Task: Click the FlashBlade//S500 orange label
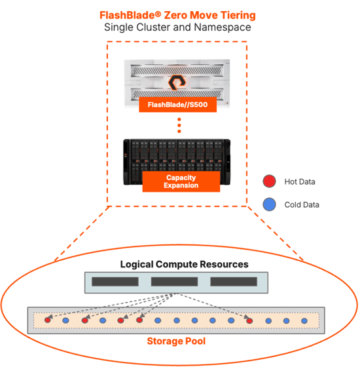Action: pyautogui.click(x=177, y=104)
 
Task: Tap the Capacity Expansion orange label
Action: pyautogui.click(x=181, y=182)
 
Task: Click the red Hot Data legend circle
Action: pyautogui.click(x=269, y=181)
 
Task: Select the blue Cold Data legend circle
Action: pyautogui.click(x=269, y=204)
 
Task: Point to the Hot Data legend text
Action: pyautogui.click(x=300, y=182)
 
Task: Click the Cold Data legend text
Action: pyautogui.click(x=302, y=204)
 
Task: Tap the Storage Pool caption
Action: pyautogui.click(x=176, y=341)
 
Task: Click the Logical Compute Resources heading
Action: pyautogui.click(x=184, y=264)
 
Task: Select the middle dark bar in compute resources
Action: pyautogui.click(x=174, y=282)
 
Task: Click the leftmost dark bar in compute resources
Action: pyautogui.click(x=115, y=282)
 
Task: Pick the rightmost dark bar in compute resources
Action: pyautogui.click(x=234, y=282)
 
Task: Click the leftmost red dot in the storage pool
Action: pyautogui.click(x=47, y=320)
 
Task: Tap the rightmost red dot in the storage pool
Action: pyautogui.click(x=249, y=320)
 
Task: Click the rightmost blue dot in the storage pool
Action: pyautogui.click(x=304, y=320)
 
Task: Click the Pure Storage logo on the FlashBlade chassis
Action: pyautogui.click(x=177, y=83)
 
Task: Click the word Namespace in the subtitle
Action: pyautogui.click(x=223, y=27)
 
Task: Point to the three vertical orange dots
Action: pyautogui.click(x=179, y=125)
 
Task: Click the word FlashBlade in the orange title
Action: pyautogui.click(x=128, y=15)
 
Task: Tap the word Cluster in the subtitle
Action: pyautogui.click(x=153, y=27)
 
